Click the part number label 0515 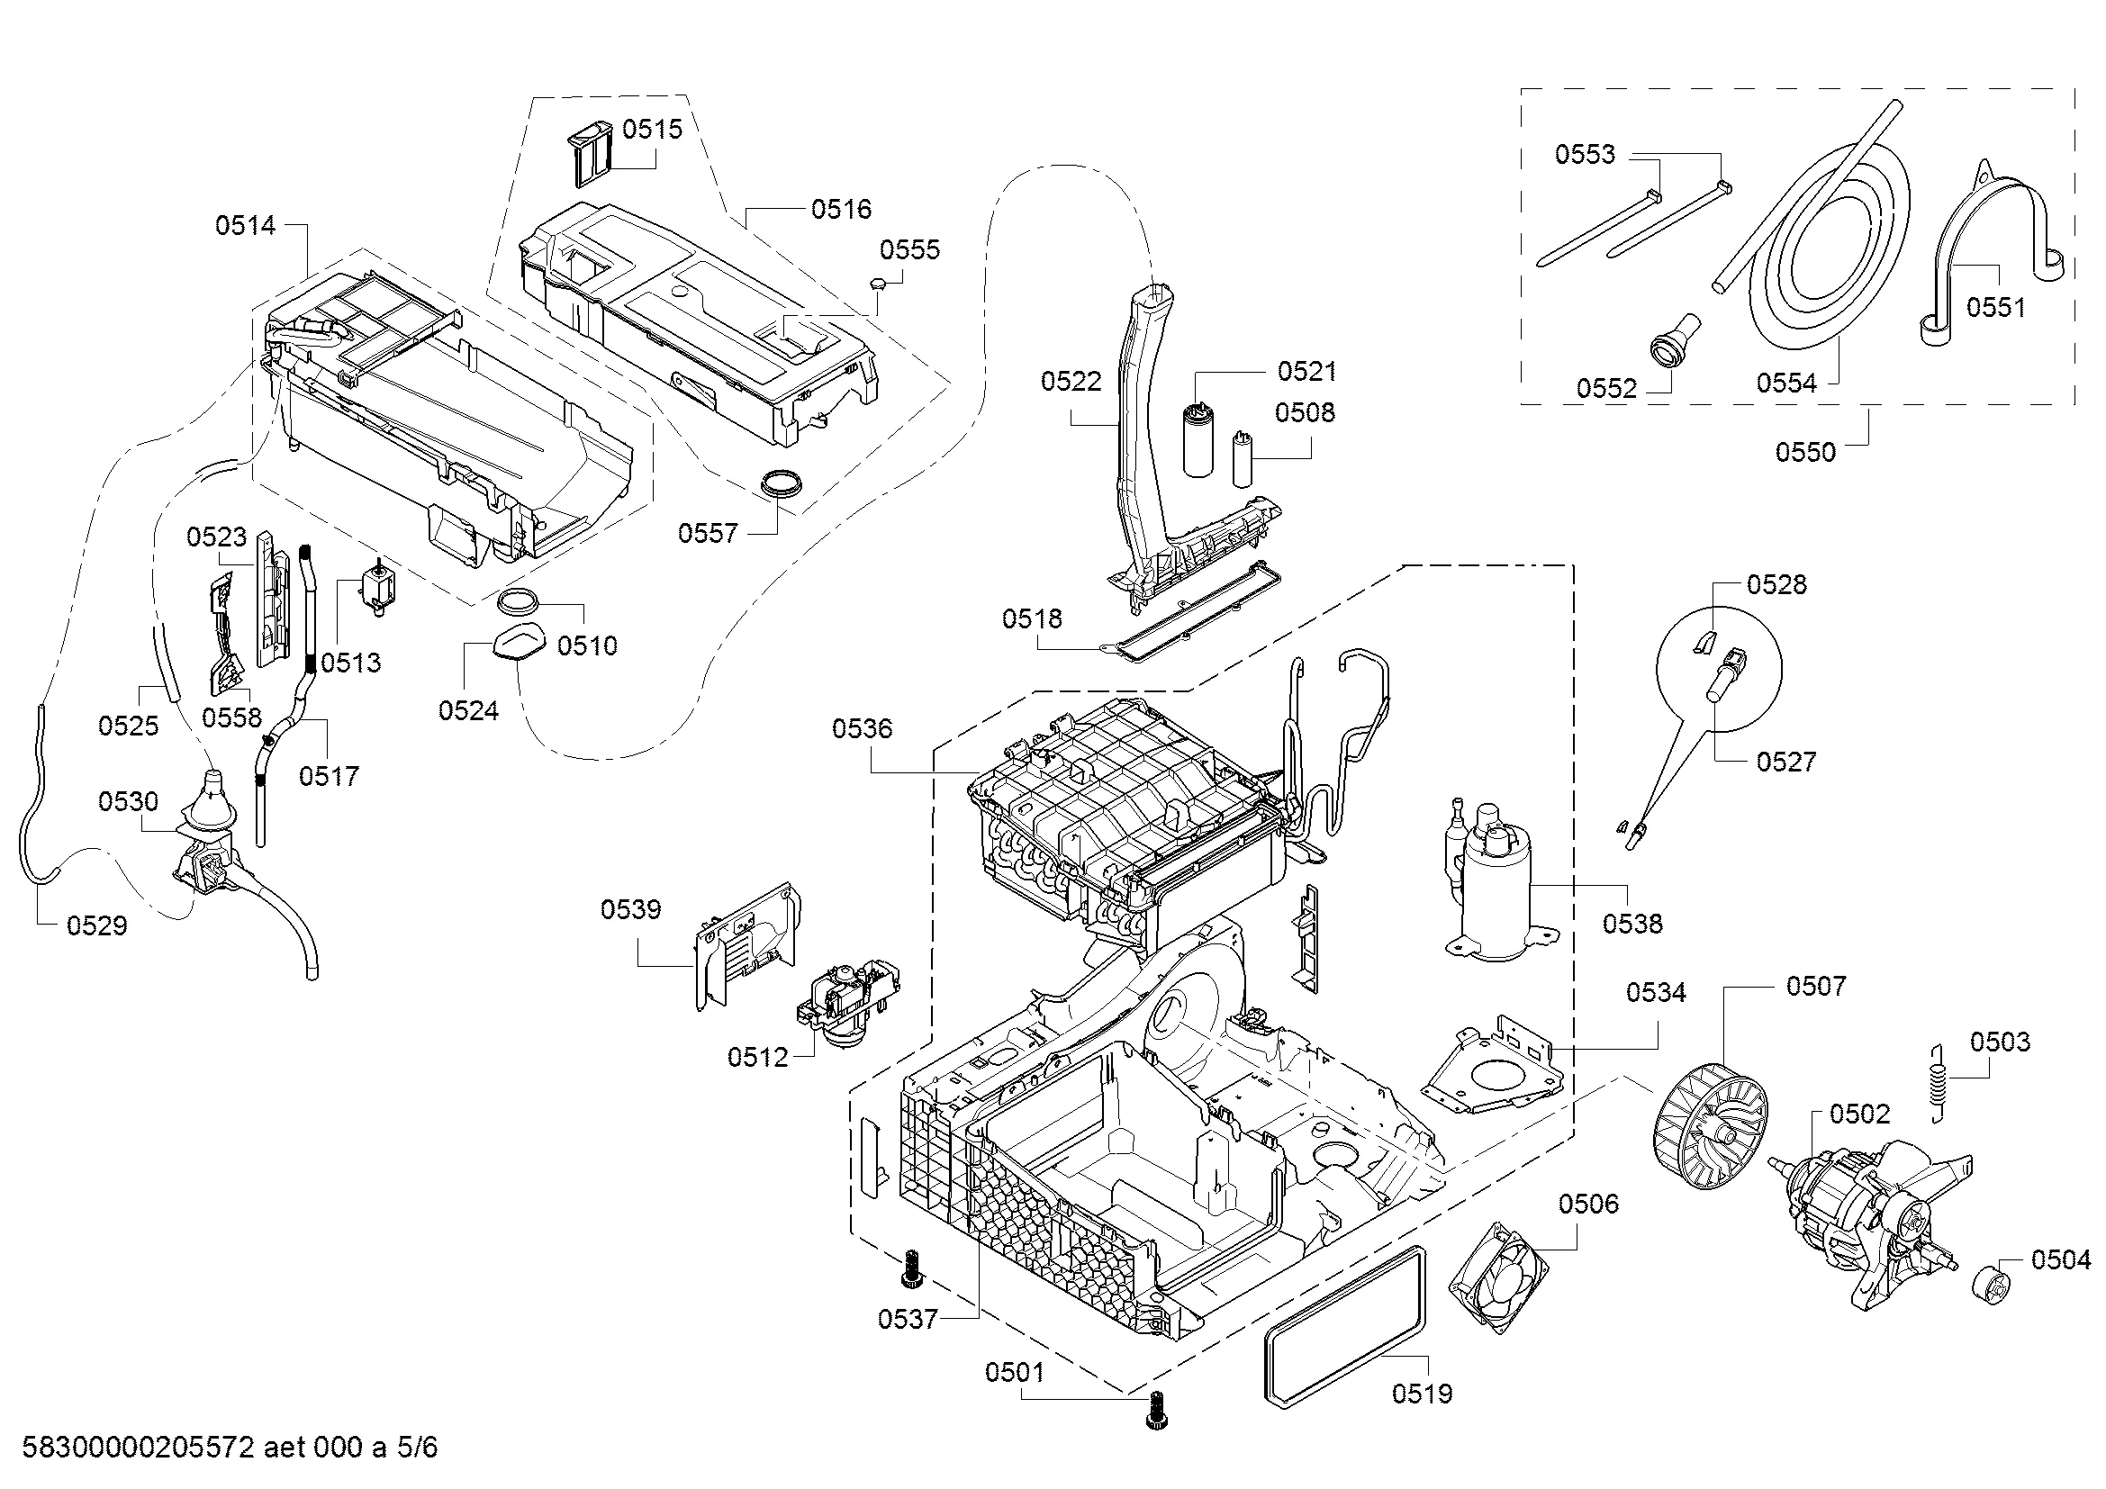pos(652,130)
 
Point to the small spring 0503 pos(1937,1083)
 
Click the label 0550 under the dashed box pos(1805,452)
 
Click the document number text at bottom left pos(230,1448)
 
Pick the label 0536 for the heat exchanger pos(863,729)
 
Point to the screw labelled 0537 pos(912,1271)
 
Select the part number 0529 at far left pos(97,926)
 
